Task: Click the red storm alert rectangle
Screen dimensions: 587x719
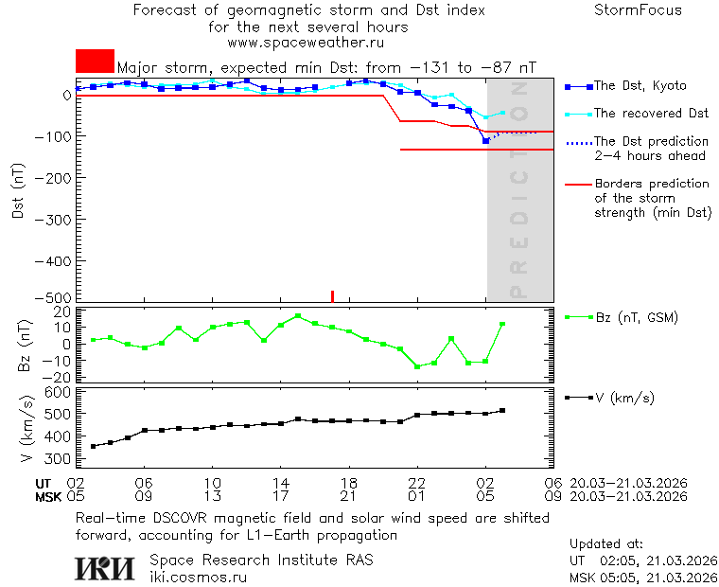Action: click(95, 61)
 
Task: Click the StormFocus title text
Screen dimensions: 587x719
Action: click(638, 10)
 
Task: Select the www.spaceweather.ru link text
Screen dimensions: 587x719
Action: click(306, 43)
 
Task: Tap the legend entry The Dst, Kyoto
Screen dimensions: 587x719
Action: click(640, 86)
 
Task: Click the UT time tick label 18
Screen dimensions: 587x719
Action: click(349, 483)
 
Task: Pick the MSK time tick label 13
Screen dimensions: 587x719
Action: click(213, 496)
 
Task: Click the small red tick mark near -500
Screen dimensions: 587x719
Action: click(332, 296)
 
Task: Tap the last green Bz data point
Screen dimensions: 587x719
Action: click(502, 324)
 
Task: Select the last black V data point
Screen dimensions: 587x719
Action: click(502, 410)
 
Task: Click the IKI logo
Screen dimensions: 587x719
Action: click(105, 567)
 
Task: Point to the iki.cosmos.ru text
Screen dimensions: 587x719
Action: click(198, 576)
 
